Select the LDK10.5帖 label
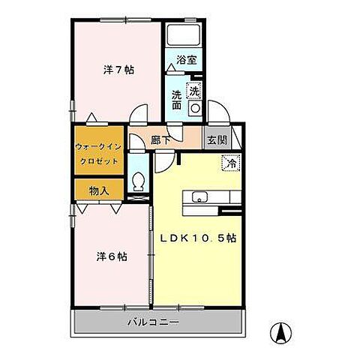tap(199, 238)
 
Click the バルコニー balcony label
tap(157, 324)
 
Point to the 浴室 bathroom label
tap(187, 59)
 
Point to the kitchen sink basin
tap(200, 197)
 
